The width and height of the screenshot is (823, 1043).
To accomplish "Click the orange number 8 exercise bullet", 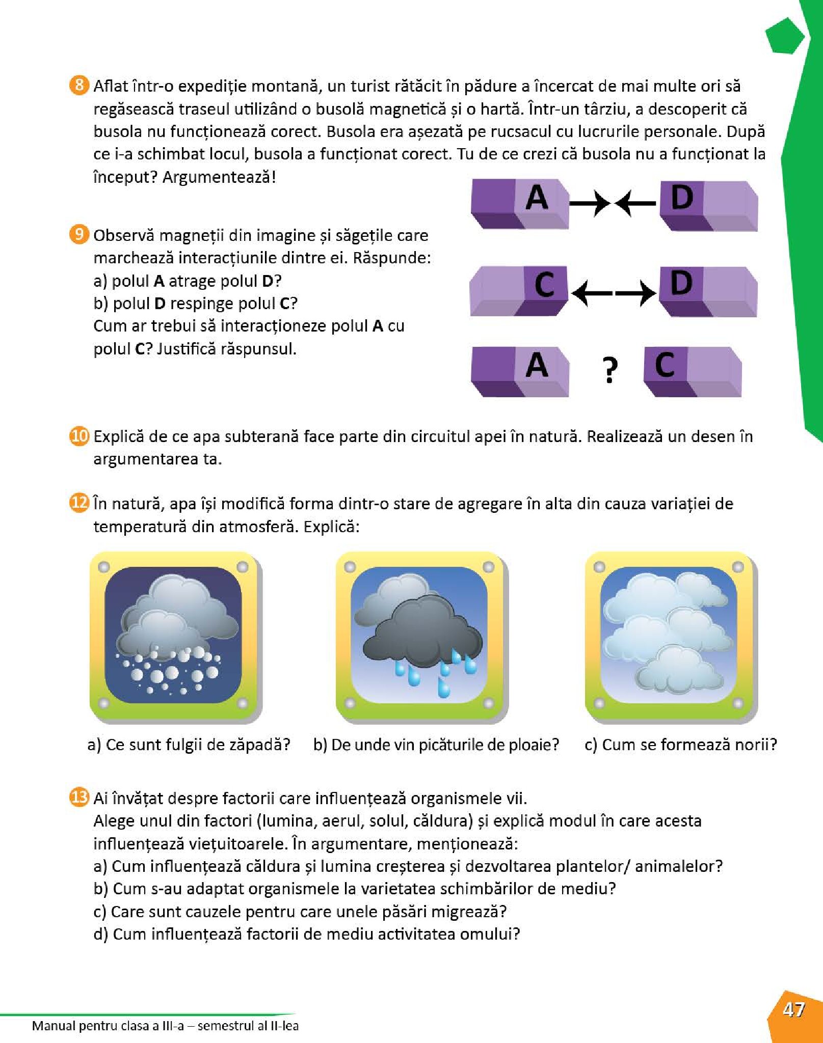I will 78,85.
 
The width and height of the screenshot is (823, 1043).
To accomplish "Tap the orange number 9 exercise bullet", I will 78,234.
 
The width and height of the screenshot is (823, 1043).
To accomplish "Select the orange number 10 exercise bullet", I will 79,436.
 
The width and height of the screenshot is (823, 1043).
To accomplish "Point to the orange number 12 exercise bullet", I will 79,503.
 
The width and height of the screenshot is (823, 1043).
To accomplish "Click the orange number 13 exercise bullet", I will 79,797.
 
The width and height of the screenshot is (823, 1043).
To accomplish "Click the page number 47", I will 793,1009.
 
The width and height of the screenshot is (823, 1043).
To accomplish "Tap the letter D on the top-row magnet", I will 682,198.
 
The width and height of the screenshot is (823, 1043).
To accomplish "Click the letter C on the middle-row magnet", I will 544,284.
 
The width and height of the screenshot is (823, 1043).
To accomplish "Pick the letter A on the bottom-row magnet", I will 537,366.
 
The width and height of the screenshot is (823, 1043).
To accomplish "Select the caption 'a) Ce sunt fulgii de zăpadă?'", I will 189,745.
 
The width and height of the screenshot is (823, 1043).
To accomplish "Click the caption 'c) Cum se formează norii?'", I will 681,745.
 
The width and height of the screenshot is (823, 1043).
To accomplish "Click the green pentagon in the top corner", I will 785,36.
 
